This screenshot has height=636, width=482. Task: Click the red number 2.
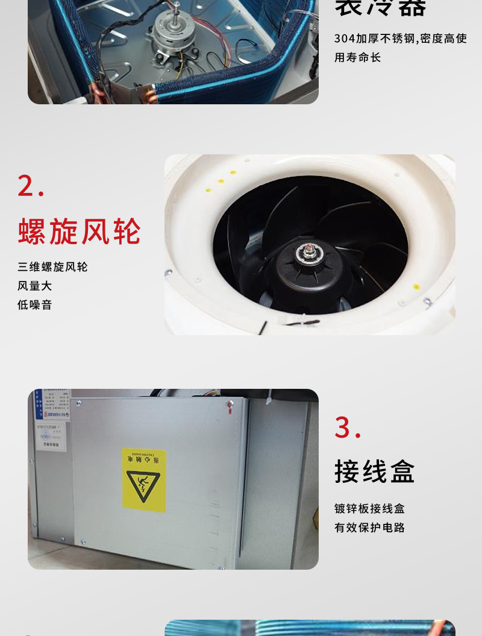tap(31, 186)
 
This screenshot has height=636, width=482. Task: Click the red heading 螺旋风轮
tap(80, 231)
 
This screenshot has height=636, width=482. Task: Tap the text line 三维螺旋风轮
tap(53, 267)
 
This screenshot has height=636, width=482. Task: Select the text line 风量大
tap(35, 286)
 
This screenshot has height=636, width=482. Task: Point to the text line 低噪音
tap(35, 305)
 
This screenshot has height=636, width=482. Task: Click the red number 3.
tap(348, 428)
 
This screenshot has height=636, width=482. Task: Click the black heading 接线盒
tap(375, 471)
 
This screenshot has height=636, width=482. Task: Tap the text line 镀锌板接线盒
tap(370, 509)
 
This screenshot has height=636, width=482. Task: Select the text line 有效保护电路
tap(370, 528)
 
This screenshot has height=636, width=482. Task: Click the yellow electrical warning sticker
tap(143, 480)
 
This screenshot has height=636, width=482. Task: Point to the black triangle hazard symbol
tap(143, 486)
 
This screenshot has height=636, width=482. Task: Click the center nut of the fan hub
tap(310, 248)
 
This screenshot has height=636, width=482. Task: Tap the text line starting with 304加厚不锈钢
tap(401, 39)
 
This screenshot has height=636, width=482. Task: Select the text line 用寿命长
tap(358, 58)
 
